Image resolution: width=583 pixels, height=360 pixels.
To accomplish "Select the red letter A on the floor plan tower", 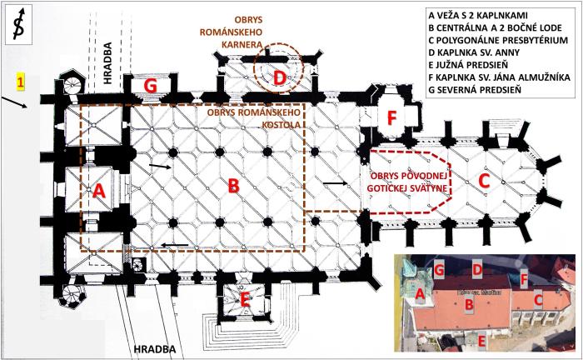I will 100,190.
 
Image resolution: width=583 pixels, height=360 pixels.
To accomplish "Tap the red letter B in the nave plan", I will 233,186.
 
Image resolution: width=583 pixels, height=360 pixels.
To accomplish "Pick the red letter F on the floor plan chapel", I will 390,117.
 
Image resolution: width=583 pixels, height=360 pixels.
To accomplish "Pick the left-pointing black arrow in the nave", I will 174,245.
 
